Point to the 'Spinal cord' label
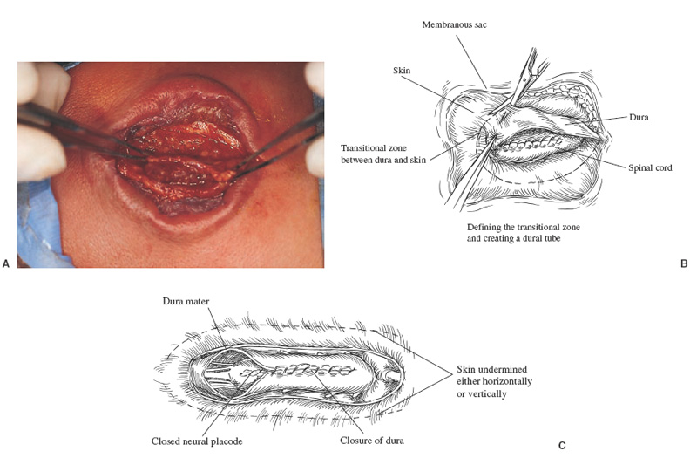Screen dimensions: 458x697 click(x=648, y=167)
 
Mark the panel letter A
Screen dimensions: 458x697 click(x=6, y=263)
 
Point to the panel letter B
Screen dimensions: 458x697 click(x=684, y=263)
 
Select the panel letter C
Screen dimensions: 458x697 click(x=562, y=446)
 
